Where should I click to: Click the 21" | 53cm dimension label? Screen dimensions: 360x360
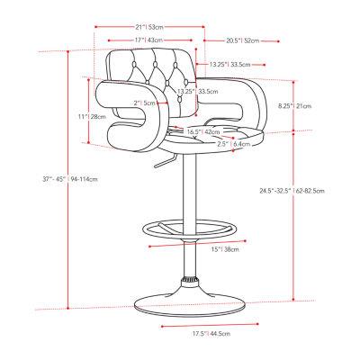tap(147, 27)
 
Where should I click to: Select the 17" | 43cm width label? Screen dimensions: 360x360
tap(147, 40)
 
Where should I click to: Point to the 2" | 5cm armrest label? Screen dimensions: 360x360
tap(144, 103)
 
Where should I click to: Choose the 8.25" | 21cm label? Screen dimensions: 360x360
tap(295, 105)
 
